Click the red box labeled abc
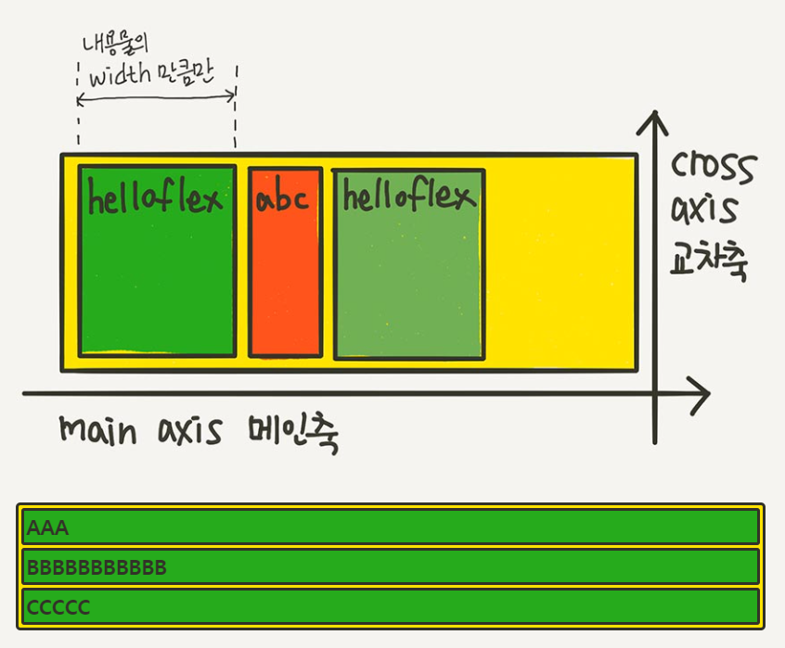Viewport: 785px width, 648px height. [x=285, y=278]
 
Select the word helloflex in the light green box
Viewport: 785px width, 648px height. [x=408, y=196]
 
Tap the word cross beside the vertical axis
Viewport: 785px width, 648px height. [x=713, y=168]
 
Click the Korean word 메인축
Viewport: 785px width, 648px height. [x=293, y=433]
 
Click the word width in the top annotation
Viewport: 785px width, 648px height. [x=119, y=73]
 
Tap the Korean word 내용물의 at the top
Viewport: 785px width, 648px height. [x=116, y=43]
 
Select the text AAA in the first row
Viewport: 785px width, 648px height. [x=47, y=528]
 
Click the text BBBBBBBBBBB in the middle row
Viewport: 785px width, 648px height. [x=97, y=567]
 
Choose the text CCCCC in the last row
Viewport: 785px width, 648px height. [x=58, y=607]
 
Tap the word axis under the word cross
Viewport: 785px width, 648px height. [x=705, y=210]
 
